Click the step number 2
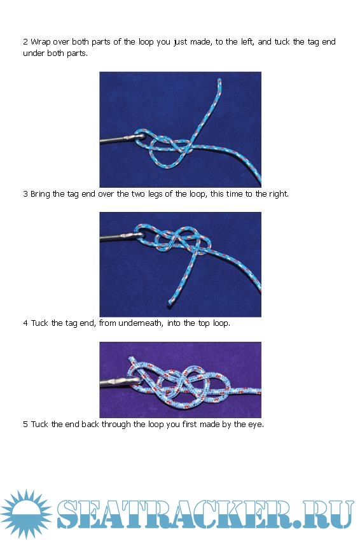tap(25, 42)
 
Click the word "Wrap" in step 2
tap(40, 42)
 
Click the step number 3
tap(25, 194)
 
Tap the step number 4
tap(25, 323)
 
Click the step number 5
tap(25, 425)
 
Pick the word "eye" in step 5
tap(255, 425)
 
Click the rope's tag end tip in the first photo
tap(219, 80)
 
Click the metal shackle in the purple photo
tap(120, 383)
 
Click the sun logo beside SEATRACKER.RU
tap(26, 514)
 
